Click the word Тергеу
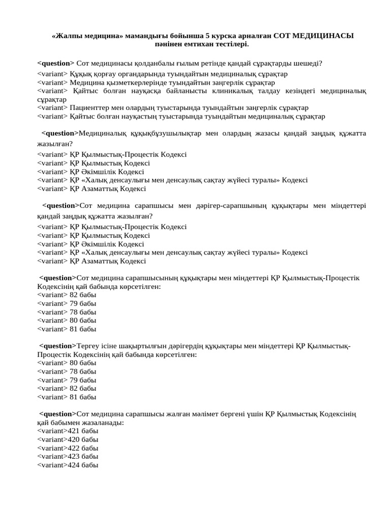click(x=89, y=346)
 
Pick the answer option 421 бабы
click(x=68, y=431)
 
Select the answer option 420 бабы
click(x=68, y=439)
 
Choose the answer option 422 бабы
click(x=68, y=448)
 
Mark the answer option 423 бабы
click(x=68, y=456)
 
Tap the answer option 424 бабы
click(x=68, y=465)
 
